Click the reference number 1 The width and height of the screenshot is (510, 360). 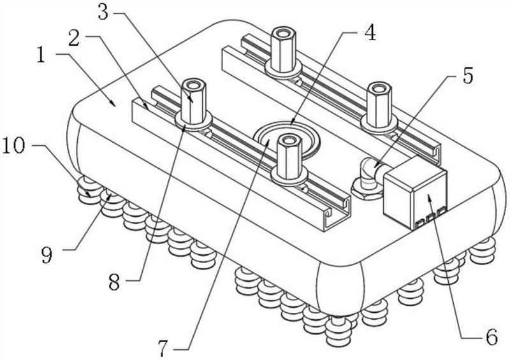pyautogui.click(x=41, y=55)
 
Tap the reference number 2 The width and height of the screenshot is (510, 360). pyautogui.click(x=75, y=38)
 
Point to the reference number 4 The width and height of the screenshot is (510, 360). pyautogui.click(x=370, y=33)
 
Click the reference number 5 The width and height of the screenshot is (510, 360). pyautogui.click(x=467, y=76)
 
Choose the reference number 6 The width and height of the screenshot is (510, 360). pyautogui.click(x=492, y=337)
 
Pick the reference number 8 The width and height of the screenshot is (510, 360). pyautogui.click(x=114, y=282)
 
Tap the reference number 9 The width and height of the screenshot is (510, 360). pyautogui.click(x=47, y=255)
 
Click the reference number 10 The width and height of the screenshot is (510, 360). pyautogui.click(x=13, y=146)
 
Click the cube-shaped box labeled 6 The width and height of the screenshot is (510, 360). pyautogui.click(x=415, y=194)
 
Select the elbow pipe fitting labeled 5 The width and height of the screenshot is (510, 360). pyautogui.click(x=371, y=173)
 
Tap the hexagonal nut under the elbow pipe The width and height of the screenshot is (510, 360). pyautogui.click(x=367, y=192)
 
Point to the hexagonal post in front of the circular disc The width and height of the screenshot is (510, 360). pyautogui.click(x=288, y=156)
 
